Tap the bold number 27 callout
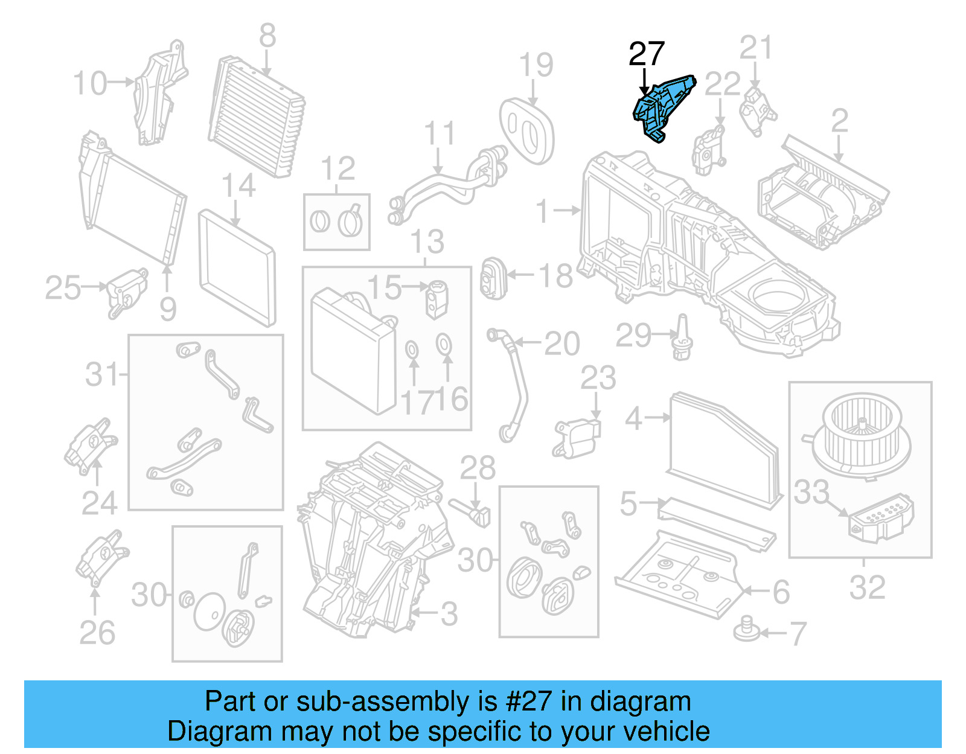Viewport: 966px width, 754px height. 646,55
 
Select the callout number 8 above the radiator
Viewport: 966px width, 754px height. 267,36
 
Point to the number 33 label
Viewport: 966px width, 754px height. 811,493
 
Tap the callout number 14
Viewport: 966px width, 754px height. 238,186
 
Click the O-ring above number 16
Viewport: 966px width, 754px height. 444,343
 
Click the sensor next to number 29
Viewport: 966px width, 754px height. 683,338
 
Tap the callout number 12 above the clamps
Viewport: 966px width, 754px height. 338,169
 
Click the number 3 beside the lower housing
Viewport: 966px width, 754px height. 449,615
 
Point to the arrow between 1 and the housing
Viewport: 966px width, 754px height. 567,211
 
